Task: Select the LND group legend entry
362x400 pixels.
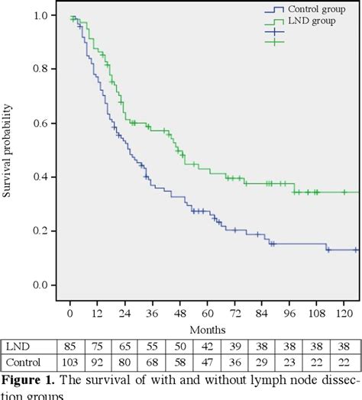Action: point(309,20)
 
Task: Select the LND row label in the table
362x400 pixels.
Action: point(17,344)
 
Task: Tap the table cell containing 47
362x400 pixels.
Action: point(208,361)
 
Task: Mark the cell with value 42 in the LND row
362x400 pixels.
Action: point(208,344)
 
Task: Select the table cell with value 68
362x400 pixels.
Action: point(151,361)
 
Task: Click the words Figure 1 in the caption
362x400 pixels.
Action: point(31,379)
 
